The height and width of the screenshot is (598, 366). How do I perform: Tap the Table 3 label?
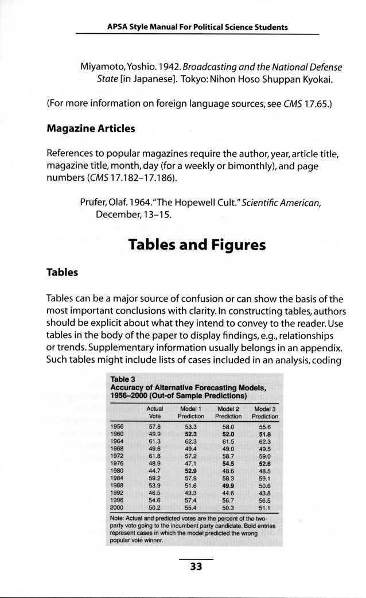[122, 379]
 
